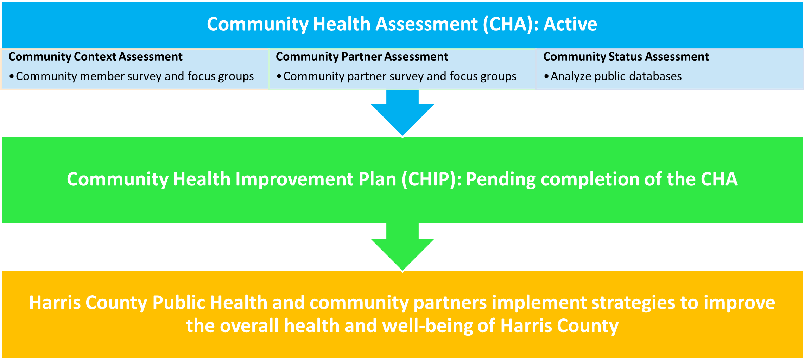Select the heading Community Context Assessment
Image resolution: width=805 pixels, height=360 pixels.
coord(95,57)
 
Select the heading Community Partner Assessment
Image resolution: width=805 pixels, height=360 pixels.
coord(362,57)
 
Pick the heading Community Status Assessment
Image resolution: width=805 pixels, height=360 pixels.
coord(626,57)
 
